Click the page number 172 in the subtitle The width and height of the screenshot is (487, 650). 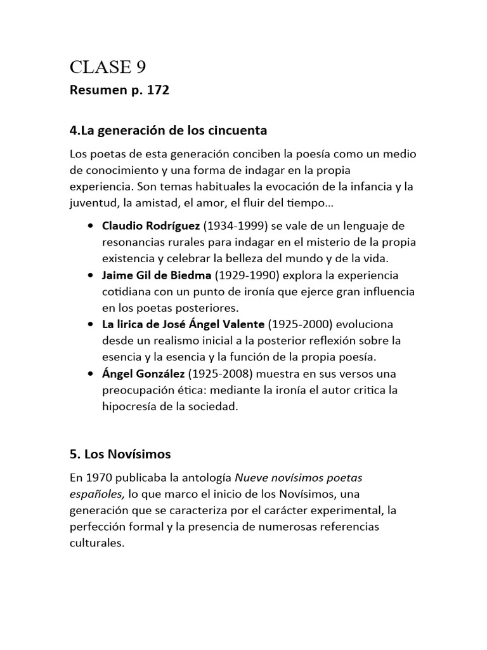tap(158, 91)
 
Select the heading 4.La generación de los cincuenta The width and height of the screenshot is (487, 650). tap(168, 131)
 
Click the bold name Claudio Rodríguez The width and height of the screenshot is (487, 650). tap(151, 227)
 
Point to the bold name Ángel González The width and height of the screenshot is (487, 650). tap(143, 373)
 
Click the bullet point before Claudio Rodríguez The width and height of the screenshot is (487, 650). tap(91, 227)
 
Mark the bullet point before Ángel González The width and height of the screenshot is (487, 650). tap(91, 373)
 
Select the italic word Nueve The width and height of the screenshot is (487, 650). tap(252, 477)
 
